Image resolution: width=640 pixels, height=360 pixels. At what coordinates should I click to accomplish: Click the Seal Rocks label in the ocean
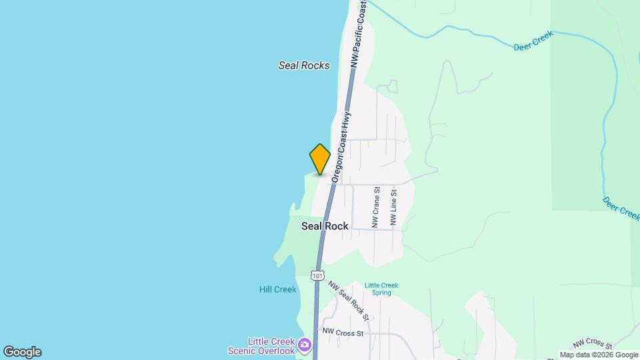click(304, 65)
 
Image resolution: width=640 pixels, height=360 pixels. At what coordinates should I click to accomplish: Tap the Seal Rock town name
click(325, 226)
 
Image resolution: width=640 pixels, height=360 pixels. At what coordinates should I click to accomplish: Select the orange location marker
click(320, 159)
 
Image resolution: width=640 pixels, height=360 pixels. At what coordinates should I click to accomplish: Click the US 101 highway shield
click(317, 275)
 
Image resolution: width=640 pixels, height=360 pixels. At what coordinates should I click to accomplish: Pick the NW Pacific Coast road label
click(359, 34)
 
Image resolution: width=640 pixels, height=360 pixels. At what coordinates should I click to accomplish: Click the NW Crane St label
click(376, 207)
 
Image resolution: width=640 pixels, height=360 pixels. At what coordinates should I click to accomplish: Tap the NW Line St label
click(394, 207)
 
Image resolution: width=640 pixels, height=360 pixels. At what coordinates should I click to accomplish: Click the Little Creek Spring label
click(381, 289)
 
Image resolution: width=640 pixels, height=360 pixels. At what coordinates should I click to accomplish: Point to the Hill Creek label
click(277, 289)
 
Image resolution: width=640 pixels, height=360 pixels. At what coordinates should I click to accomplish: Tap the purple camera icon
click(305, 345)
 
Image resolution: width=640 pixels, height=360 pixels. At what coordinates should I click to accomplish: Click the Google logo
click(22, 352)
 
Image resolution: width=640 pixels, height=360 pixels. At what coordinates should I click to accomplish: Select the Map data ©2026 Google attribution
click(598, 355)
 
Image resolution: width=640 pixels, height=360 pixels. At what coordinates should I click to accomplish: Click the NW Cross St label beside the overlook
click(343, 331)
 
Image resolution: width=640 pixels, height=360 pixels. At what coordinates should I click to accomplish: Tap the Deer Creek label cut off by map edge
click(621, 208)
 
